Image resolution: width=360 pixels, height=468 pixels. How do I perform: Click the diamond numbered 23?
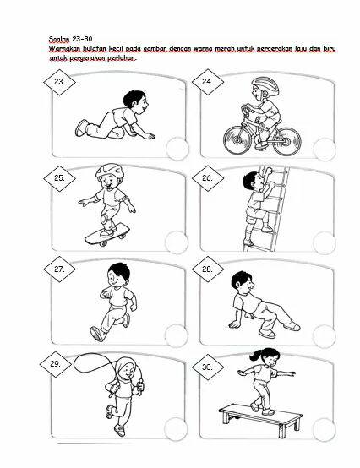59,82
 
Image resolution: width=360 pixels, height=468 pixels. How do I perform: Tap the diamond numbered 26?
207,178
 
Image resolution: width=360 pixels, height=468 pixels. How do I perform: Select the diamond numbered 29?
56,364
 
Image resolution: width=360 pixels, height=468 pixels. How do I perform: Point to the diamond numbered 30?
207,367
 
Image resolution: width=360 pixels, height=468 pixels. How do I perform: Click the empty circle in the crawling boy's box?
177,149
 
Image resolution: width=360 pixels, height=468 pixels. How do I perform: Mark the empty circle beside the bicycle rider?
325,150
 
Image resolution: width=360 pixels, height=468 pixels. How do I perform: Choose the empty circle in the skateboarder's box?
177,242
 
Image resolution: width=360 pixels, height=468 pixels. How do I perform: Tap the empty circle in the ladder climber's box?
325,242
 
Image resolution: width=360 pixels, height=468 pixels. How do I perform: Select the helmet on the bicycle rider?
265,85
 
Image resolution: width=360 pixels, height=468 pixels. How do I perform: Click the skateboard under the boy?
107,235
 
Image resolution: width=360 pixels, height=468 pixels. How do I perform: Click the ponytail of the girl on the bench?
255,355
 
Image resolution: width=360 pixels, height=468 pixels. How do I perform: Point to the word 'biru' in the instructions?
330,48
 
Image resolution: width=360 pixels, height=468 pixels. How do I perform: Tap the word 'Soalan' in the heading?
59,39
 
